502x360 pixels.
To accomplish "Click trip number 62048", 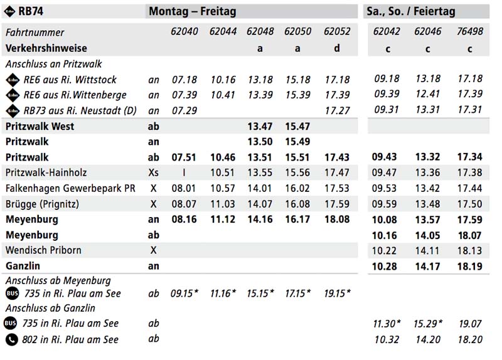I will click(260, 31).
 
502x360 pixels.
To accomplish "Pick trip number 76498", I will click(469, 31).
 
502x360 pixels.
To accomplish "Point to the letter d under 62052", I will click(337, 48).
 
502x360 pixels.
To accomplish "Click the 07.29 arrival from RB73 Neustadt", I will click(184, 110).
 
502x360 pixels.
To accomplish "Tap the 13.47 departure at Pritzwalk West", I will click(260, 126).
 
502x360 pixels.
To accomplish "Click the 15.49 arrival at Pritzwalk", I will click(297, 142).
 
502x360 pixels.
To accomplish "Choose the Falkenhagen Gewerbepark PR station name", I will click(70, 188).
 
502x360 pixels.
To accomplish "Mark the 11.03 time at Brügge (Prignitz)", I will click(222, 204).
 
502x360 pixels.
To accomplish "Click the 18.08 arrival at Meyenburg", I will click(337, 220).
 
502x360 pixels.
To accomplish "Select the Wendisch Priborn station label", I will click(43, 250).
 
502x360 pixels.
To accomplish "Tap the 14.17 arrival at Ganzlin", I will click(427, 266).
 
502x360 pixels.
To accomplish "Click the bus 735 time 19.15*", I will click(338, 294).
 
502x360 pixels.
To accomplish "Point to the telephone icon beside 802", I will click(11, 339).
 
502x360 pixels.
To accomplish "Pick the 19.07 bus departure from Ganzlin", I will click(469, 324).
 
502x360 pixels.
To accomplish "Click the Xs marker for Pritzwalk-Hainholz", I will click(153, 172).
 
